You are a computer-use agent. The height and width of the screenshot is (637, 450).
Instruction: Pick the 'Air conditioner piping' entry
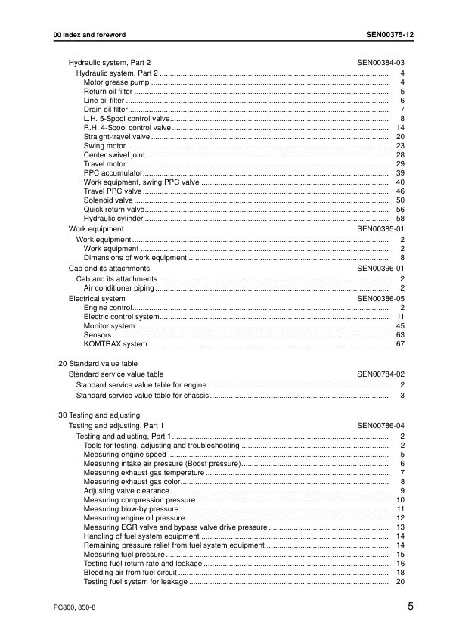click(x=119, y=288)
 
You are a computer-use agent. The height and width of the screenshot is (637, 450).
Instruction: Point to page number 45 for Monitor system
click(x=401, y=326)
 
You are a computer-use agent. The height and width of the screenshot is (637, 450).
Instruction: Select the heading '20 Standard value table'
click(x=98, y=364)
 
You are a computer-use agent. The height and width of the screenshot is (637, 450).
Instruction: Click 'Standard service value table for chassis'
click(x=142, y=395)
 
